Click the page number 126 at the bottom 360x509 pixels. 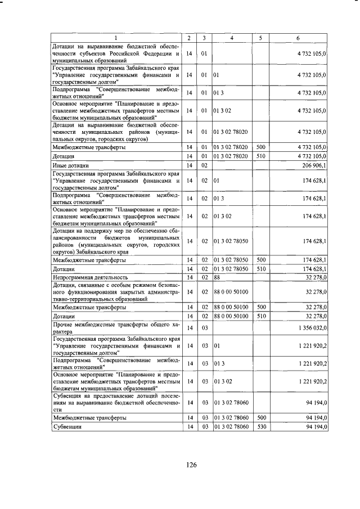[x=191, y=465]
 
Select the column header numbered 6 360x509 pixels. [x=298, y=38]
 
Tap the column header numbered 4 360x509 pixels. [x=232, y=38]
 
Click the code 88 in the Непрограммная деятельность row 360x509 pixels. [x=217, y=277]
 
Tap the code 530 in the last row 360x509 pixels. [x=260, y=427]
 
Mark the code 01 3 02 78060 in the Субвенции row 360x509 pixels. [x=231, y=427]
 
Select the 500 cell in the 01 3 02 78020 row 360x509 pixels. [x=260, y=147]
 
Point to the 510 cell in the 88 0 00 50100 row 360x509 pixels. [x=260, y=317]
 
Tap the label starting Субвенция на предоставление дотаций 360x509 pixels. [x=116, y=403]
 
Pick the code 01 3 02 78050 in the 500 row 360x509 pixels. [x=231, y=260]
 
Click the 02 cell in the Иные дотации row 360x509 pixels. [x=204, y=165]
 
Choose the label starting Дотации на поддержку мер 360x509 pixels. [x=116, y=241]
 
